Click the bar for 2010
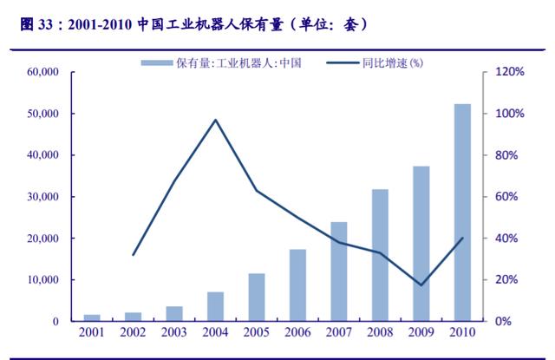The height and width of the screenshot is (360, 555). click(x=462, y=213)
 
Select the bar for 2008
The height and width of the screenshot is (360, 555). click(x=380, y=255)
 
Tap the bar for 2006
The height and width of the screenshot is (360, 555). click(x=297, y=285)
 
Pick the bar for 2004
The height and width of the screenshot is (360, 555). click(x=215, y=306)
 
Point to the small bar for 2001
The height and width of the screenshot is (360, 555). click(x=92, y=317)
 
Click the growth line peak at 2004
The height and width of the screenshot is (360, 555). click(x=215, y=120)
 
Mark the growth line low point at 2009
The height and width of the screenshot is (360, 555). click(x=421, y=285)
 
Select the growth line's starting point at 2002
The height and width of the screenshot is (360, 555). click(x=134, y=255)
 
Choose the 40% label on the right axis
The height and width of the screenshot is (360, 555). click(x=507, y=239)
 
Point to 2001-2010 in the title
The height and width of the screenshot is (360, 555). click(x=89, y=24)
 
